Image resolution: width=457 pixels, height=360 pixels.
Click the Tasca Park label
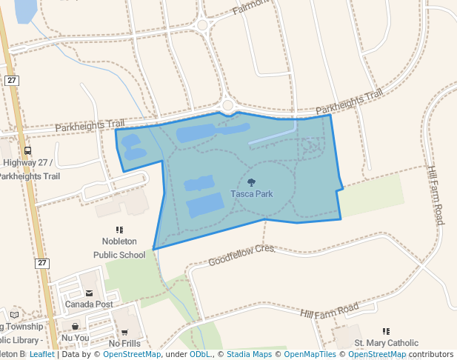[251, 194]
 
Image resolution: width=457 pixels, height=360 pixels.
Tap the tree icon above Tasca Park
[251, 182]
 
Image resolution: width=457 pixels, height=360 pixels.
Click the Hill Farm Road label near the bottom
[330, 310]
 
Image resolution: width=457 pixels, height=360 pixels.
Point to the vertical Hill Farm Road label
[436, 195]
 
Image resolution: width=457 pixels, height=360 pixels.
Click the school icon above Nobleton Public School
[119, 230]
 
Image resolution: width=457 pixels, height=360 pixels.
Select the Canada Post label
[88, 304]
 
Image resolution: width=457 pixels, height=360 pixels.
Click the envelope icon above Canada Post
[89, 293]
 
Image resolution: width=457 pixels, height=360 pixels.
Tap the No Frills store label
[124, 343]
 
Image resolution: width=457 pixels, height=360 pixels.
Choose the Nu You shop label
[75, 338]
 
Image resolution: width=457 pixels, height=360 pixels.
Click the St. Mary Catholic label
[386, 343]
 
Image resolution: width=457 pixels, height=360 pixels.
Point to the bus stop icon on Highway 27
[28, 151]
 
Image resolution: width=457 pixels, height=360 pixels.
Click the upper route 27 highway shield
[11, 80]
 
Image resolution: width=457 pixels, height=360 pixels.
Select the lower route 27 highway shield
[41, 263]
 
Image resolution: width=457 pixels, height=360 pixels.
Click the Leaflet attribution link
[41, 354]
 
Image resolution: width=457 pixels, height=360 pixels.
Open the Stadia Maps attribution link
[249, 354]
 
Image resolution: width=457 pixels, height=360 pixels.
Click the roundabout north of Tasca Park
[227, 105]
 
